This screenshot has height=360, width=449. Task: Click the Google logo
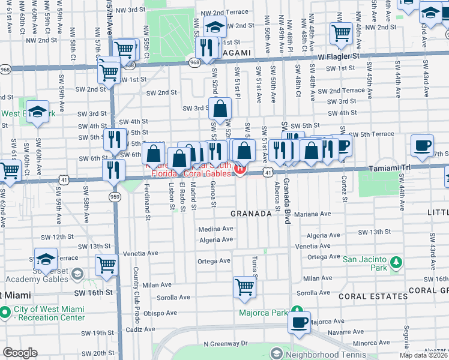coord(20,353)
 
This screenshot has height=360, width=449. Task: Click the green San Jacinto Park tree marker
coord(396,262)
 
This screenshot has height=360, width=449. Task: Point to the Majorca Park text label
coord(262,313)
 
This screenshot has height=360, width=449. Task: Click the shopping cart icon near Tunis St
coord(244,287)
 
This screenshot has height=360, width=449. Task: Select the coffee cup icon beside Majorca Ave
coord(299,322)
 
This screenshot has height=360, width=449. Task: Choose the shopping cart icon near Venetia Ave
coord(106,263)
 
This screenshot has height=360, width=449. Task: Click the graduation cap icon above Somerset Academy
coord(45,258)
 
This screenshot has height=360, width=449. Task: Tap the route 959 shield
coord(113,196)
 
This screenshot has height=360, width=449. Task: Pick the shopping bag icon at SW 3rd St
coord(220,109)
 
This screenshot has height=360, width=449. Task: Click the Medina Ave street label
coord(215,229)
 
